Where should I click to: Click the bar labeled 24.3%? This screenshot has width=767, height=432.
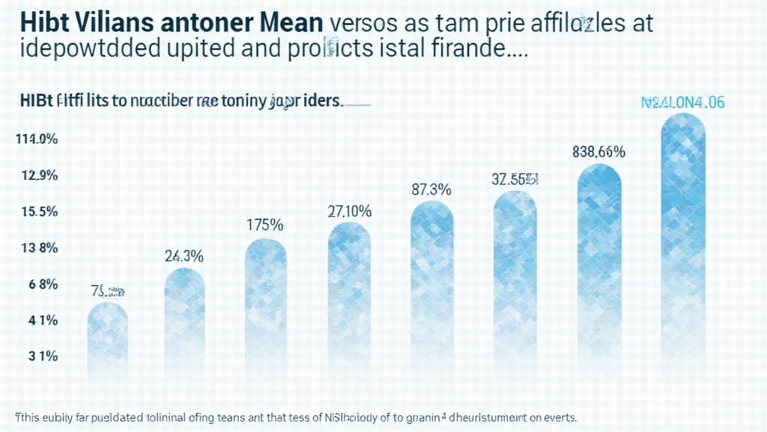184,322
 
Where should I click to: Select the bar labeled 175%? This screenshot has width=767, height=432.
266,307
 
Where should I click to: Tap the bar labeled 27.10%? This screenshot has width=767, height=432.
350,300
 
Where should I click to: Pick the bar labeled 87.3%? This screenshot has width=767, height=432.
432,289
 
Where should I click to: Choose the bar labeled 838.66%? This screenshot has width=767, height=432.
599,270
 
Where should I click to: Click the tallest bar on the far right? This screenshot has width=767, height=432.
683,247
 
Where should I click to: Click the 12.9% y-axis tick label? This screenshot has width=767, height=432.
39,175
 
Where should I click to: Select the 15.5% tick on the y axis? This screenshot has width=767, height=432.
39,211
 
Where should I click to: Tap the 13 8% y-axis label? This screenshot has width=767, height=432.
39,248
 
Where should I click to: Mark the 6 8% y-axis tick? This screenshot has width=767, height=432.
42,284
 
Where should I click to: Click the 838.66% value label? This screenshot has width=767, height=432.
598,151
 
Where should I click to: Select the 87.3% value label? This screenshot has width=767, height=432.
431,190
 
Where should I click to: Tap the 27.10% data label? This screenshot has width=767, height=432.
350,211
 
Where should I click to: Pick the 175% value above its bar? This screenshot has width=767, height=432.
265,224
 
